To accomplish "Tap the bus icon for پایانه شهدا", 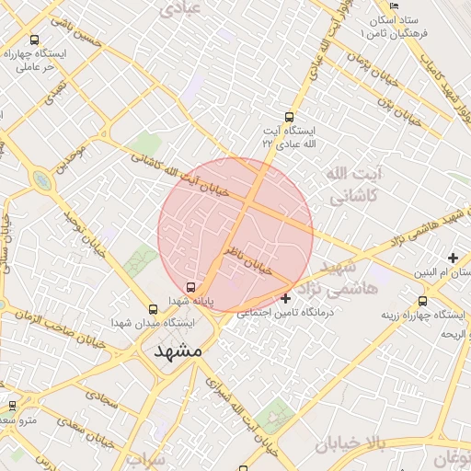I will tap(190, 286).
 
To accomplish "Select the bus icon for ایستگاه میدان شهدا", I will tap(154, 309).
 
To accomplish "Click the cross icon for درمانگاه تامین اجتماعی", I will tap(285, 297).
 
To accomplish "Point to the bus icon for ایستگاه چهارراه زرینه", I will tap(422, 300).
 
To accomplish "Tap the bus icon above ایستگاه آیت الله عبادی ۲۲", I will tap(290, 117).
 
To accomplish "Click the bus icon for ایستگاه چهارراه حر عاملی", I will tap(35, 40).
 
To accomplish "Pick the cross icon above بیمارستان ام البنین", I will tap(452, 257).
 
